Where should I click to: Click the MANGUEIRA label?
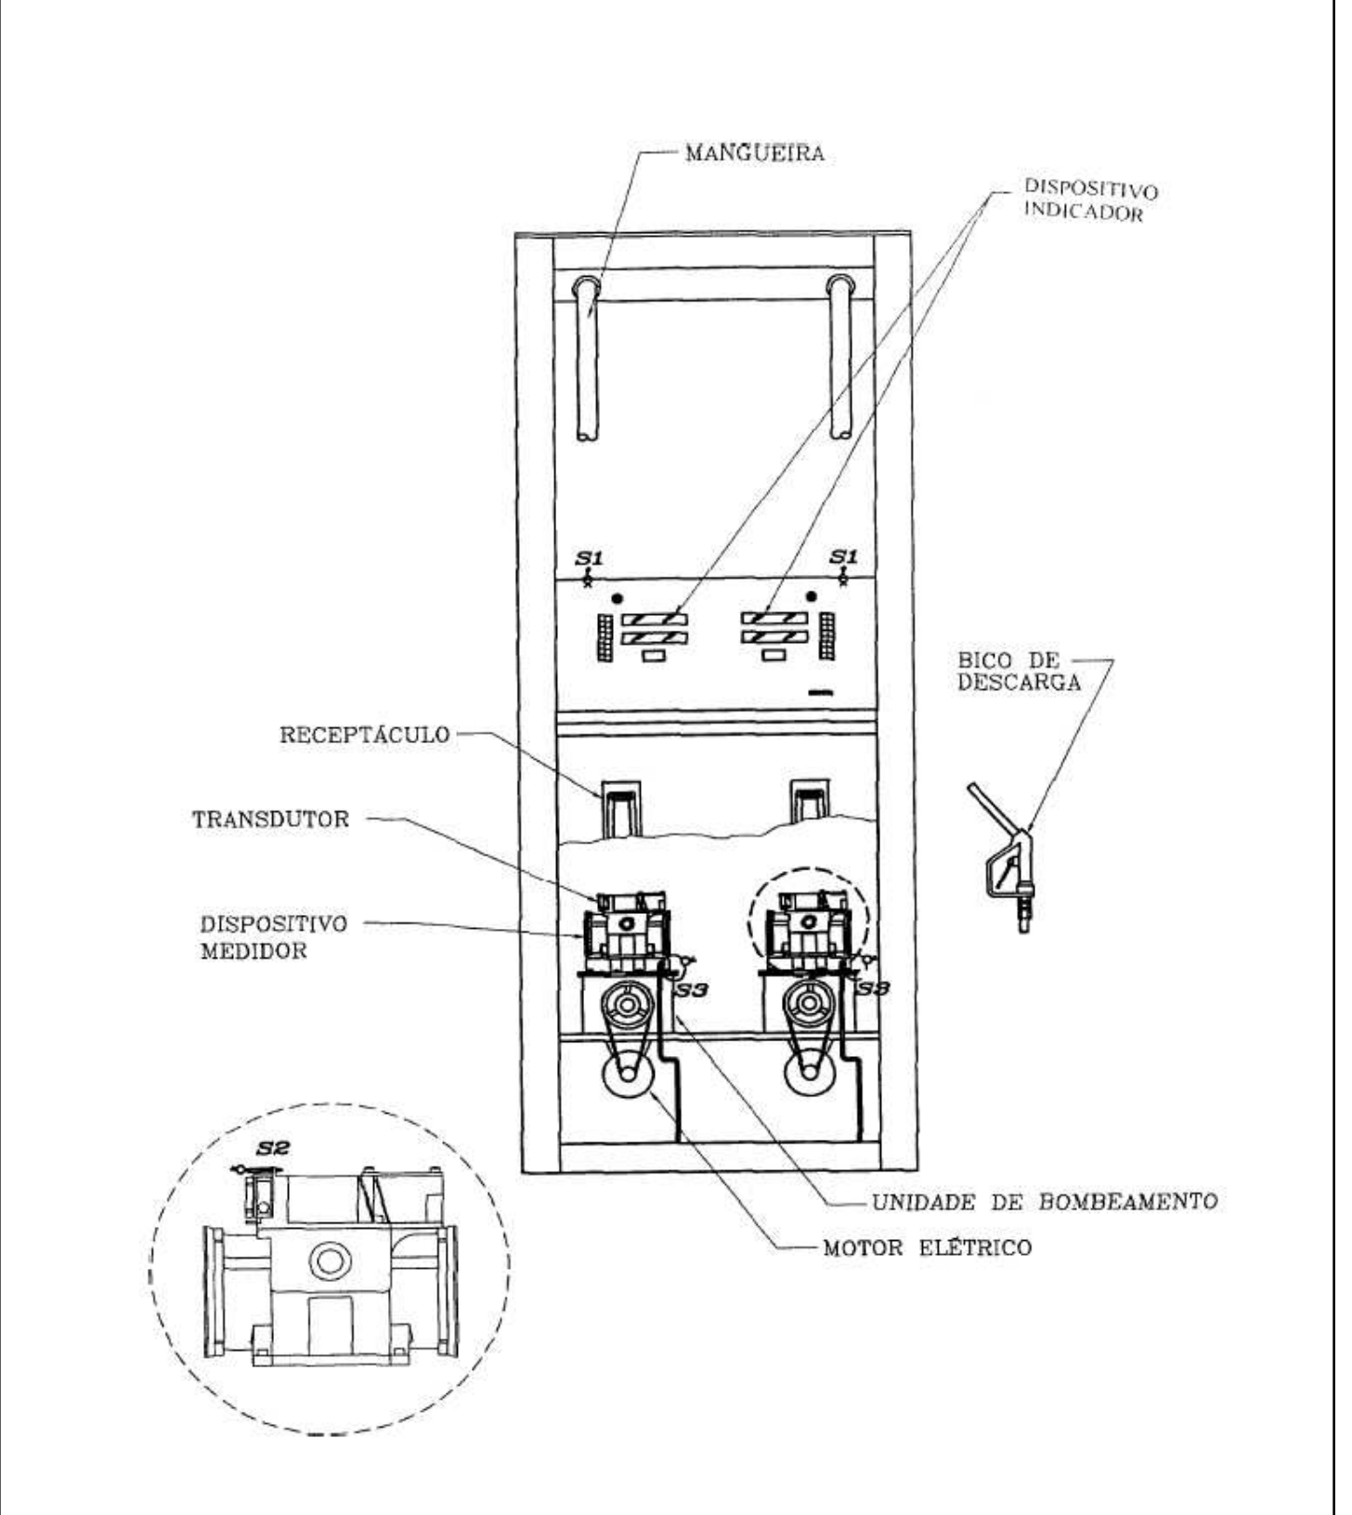754,153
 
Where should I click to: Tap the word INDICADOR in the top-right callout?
1083,214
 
